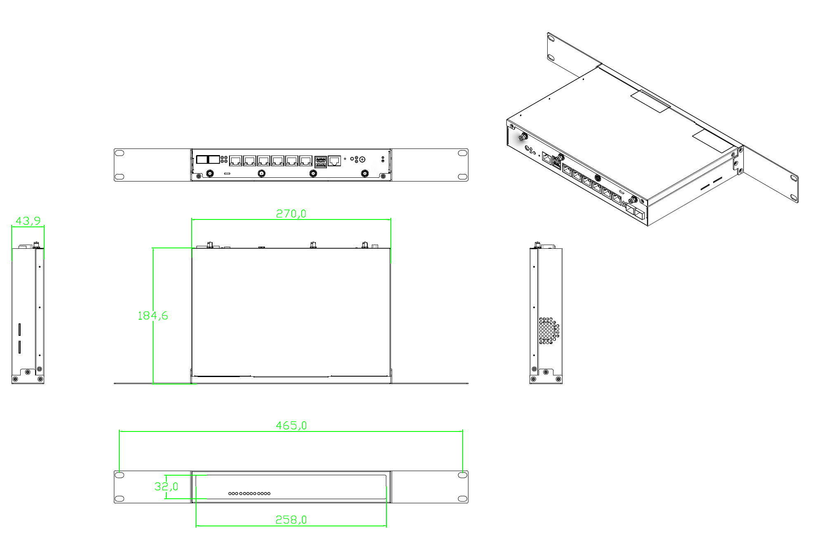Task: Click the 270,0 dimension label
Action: pyautogui.click(x=291, y=214)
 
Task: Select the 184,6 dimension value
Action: pyautogui.click(x=153, y=316)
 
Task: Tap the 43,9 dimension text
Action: pyautogui.click(x=28, y=221)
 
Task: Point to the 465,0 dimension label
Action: pyautogui.click(x=291, y=425)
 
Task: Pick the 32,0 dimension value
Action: pyautogui.click(x=166, y=487)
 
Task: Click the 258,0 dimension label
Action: pyautogui.click(x=291, y=520)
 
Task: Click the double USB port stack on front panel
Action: pyautogui.click(x=321, y=162)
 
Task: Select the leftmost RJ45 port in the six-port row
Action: pyautogui.click(x=236, y=161)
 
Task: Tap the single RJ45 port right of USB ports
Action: pyautogui.click(x=334, y=160)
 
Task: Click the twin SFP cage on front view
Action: pyautogui.click(x=208, y=160)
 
